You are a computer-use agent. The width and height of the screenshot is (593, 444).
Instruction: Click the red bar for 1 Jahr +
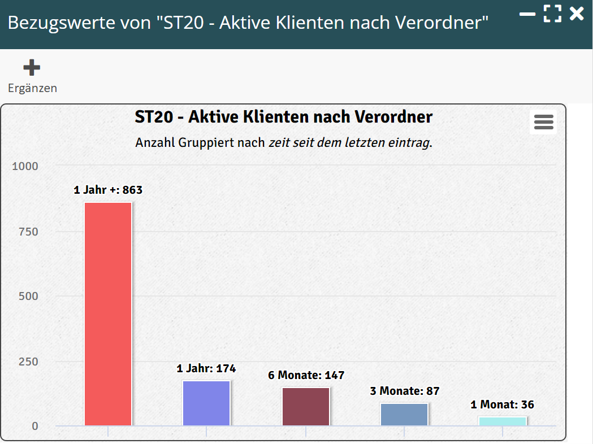point(108,314)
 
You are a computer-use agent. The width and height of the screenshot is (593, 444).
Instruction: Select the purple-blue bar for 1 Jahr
point(206,403)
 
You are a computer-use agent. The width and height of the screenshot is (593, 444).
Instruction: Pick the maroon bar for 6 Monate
point(306,406)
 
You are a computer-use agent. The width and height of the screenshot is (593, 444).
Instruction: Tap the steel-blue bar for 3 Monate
point(404,414)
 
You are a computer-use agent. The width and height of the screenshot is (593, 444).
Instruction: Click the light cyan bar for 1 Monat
point(503,421)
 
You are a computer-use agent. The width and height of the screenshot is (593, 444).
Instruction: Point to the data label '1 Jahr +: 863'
point(108,190)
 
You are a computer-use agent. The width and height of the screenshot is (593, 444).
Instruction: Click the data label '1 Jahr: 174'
point(206,369)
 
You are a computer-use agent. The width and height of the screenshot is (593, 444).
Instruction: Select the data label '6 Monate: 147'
point(306,375)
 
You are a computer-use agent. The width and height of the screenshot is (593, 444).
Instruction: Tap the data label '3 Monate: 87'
point(404,391)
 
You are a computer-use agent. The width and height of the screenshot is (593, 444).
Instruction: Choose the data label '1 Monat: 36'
point(503,404)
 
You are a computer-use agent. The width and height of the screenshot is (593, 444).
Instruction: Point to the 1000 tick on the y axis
point(25,166)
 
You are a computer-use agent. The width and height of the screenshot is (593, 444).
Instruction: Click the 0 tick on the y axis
point(35,426)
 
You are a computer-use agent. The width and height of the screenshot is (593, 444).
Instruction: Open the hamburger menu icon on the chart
point(543,122)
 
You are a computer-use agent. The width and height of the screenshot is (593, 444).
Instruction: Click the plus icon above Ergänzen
point(32,68)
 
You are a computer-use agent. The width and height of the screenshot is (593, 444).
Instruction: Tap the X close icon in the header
point(577,14)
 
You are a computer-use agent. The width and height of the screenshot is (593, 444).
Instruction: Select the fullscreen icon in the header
point(552,14)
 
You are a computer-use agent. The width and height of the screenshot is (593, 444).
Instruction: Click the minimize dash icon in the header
point(527,14)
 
